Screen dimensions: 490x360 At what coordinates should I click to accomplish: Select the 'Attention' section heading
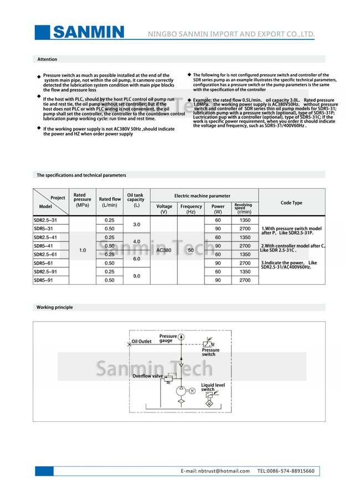(47, 59)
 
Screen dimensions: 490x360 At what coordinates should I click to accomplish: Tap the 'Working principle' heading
(54, 307)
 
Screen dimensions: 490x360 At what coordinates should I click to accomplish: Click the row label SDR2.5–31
(45, 220)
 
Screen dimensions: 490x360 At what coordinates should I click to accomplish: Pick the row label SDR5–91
(43, 280)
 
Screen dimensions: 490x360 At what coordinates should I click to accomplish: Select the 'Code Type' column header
(291, 203)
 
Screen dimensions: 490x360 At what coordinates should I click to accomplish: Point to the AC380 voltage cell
(164, 250)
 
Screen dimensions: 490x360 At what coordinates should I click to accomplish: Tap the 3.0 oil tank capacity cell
(136, 224)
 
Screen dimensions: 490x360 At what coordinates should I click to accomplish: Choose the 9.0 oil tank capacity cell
(136, 276)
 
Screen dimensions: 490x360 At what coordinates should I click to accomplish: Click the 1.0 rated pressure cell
(83, 250)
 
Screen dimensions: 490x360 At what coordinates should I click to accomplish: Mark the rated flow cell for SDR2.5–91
(110, 272)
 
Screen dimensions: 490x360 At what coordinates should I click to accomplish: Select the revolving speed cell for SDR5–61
(245, 263)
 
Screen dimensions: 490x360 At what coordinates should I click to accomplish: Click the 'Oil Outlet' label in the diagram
(141, 342)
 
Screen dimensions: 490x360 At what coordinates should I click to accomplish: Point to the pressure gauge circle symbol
(181, 337)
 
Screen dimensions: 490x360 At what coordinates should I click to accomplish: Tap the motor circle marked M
(192, 391)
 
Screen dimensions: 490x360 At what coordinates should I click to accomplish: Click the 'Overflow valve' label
(147, 376)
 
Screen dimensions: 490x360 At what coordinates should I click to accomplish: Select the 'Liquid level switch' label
(213, 387)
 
